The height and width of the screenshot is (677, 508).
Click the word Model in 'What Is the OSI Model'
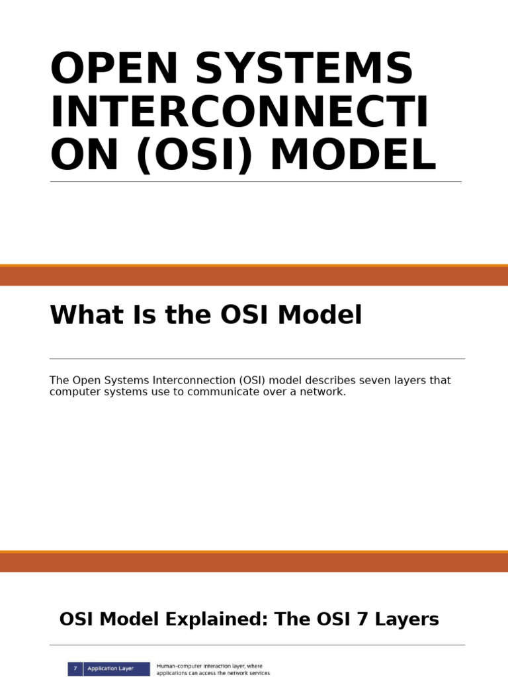pos(320,315)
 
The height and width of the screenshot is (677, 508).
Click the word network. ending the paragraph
pos(323,392)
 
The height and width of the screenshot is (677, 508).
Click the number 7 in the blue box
pos(75,668)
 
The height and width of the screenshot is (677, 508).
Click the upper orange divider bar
pos(254,276)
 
